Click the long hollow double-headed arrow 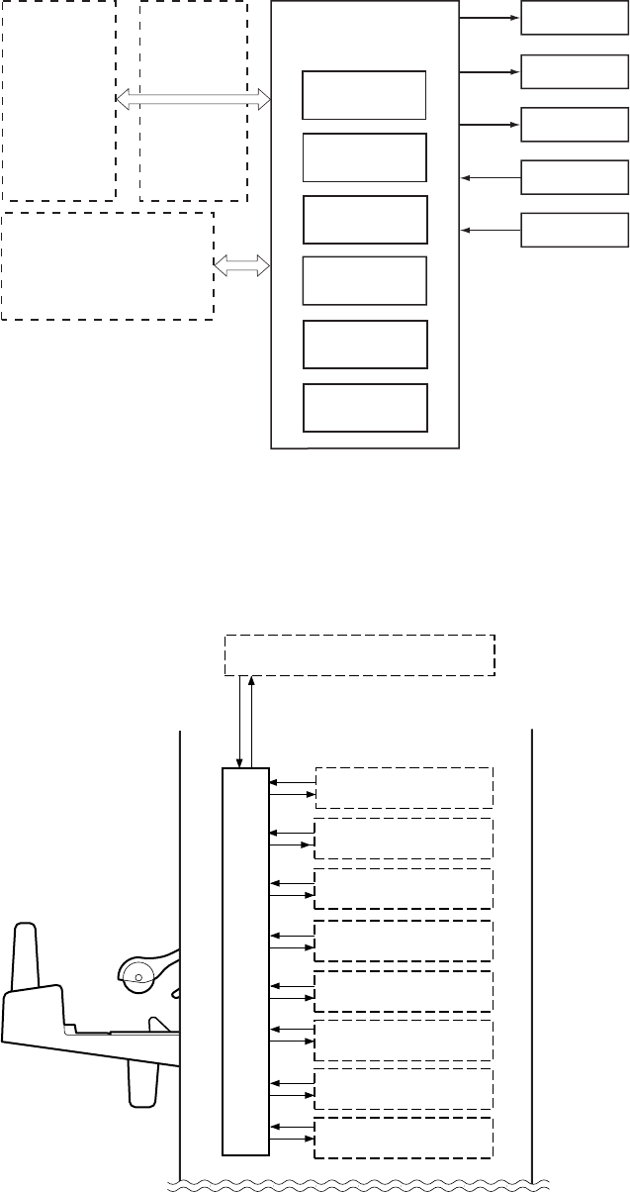point(194,97)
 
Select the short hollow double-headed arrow point(242,264)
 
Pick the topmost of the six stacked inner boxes point(364,95)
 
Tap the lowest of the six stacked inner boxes point(365,408)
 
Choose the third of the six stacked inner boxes point(365,220)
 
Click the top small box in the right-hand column point(575,19)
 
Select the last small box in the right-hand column point(575,230)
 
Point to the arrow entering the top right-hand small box point(491,19)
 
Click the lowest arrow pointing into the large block point(492,231)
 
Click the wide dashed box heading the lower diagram point(360,654)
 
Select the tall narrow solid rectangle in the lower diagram point(245,960)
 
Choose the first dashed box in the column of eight point(403,787)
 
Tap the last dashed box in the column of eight point(403,1138)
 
